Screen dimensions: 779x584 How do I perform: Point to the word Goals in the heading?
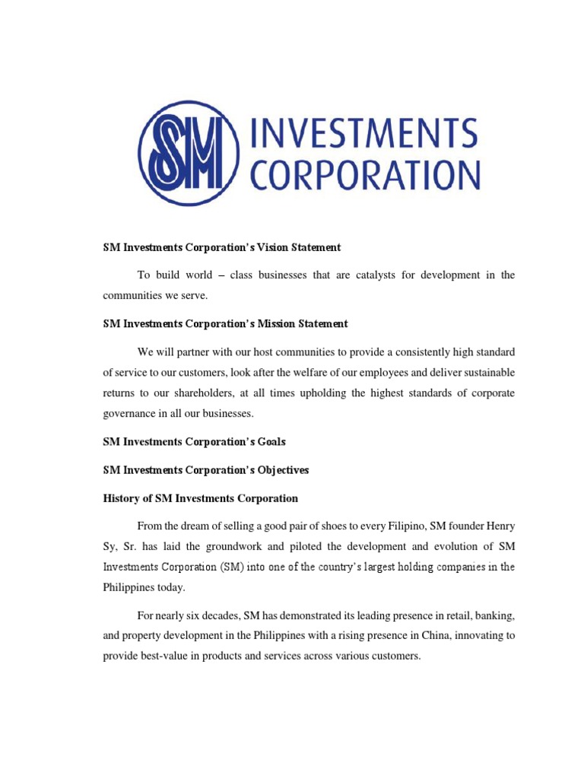[269, 441]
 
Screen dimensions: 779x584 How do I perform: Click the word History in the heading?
[122, 498]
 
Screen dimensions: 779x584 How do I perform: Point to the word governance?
[129, 415]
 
